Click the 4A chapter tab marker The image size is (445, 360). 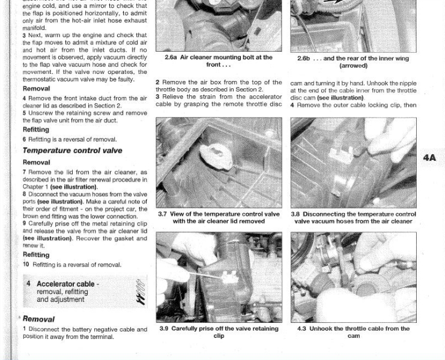coord(429,158)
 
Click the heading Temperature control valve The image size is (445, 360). coord(73,151)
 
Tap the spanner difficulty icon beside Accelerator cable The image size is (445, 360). coord(141,292)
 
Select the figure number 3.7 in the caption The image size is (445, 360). coord(162,214)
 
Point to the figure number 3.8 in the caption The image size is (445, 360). coord(295,214)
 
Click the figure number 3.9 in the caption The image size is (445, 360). coord(164,329)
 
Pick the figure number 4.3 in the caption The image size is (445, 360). coord(301,329)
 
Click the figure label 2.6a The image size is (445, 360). coord(171,57)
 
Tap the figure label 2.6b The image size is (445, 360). coord(304,58)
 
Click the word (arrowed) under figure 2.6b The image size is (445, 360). coord(353,66)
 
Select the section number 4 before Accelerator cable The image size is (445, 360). coord(28,283)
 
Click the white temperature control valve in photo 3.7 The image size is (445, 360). coord(216,157)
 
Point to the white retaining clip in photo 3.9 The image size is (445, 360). coord(229,278)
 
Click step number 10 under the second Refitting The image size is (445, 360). coord(26,264)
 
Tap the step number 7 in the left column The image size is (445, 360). coord(25,172)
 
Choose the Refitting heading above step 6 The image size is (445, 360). coord(36,130)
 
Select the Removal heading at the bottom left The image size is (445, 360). coord(38,319)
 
